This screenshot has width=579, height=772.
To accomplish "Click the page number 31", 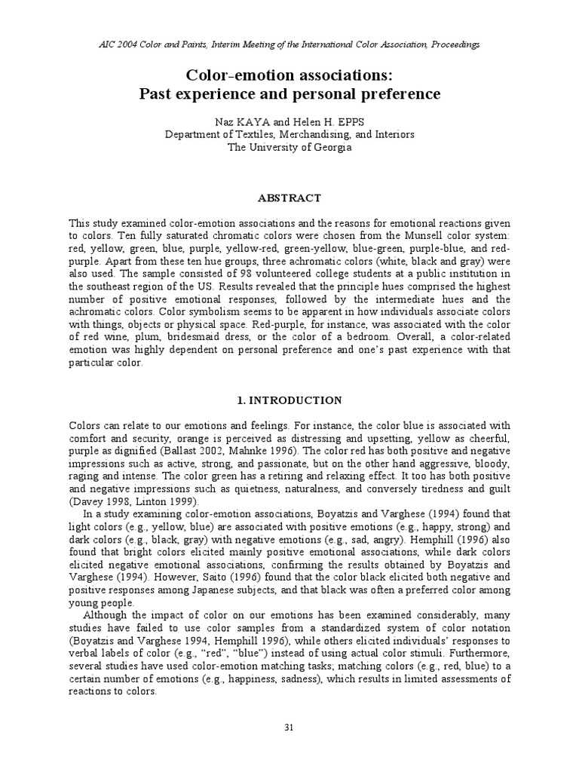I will click(289, 727).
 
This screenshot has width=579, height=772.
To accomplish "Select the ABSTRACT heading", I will click(289, 198).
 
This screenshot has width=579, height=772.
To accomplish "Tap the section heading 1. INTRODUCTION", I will click(289, 400).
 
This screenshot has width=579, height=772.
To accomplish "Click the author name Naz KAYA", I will click(239, 121).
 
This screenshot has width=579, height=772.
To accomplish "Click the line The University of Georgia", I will click(289, 147).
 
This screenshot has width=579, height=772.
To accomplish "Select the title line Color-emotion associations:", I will click(289, 76).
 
